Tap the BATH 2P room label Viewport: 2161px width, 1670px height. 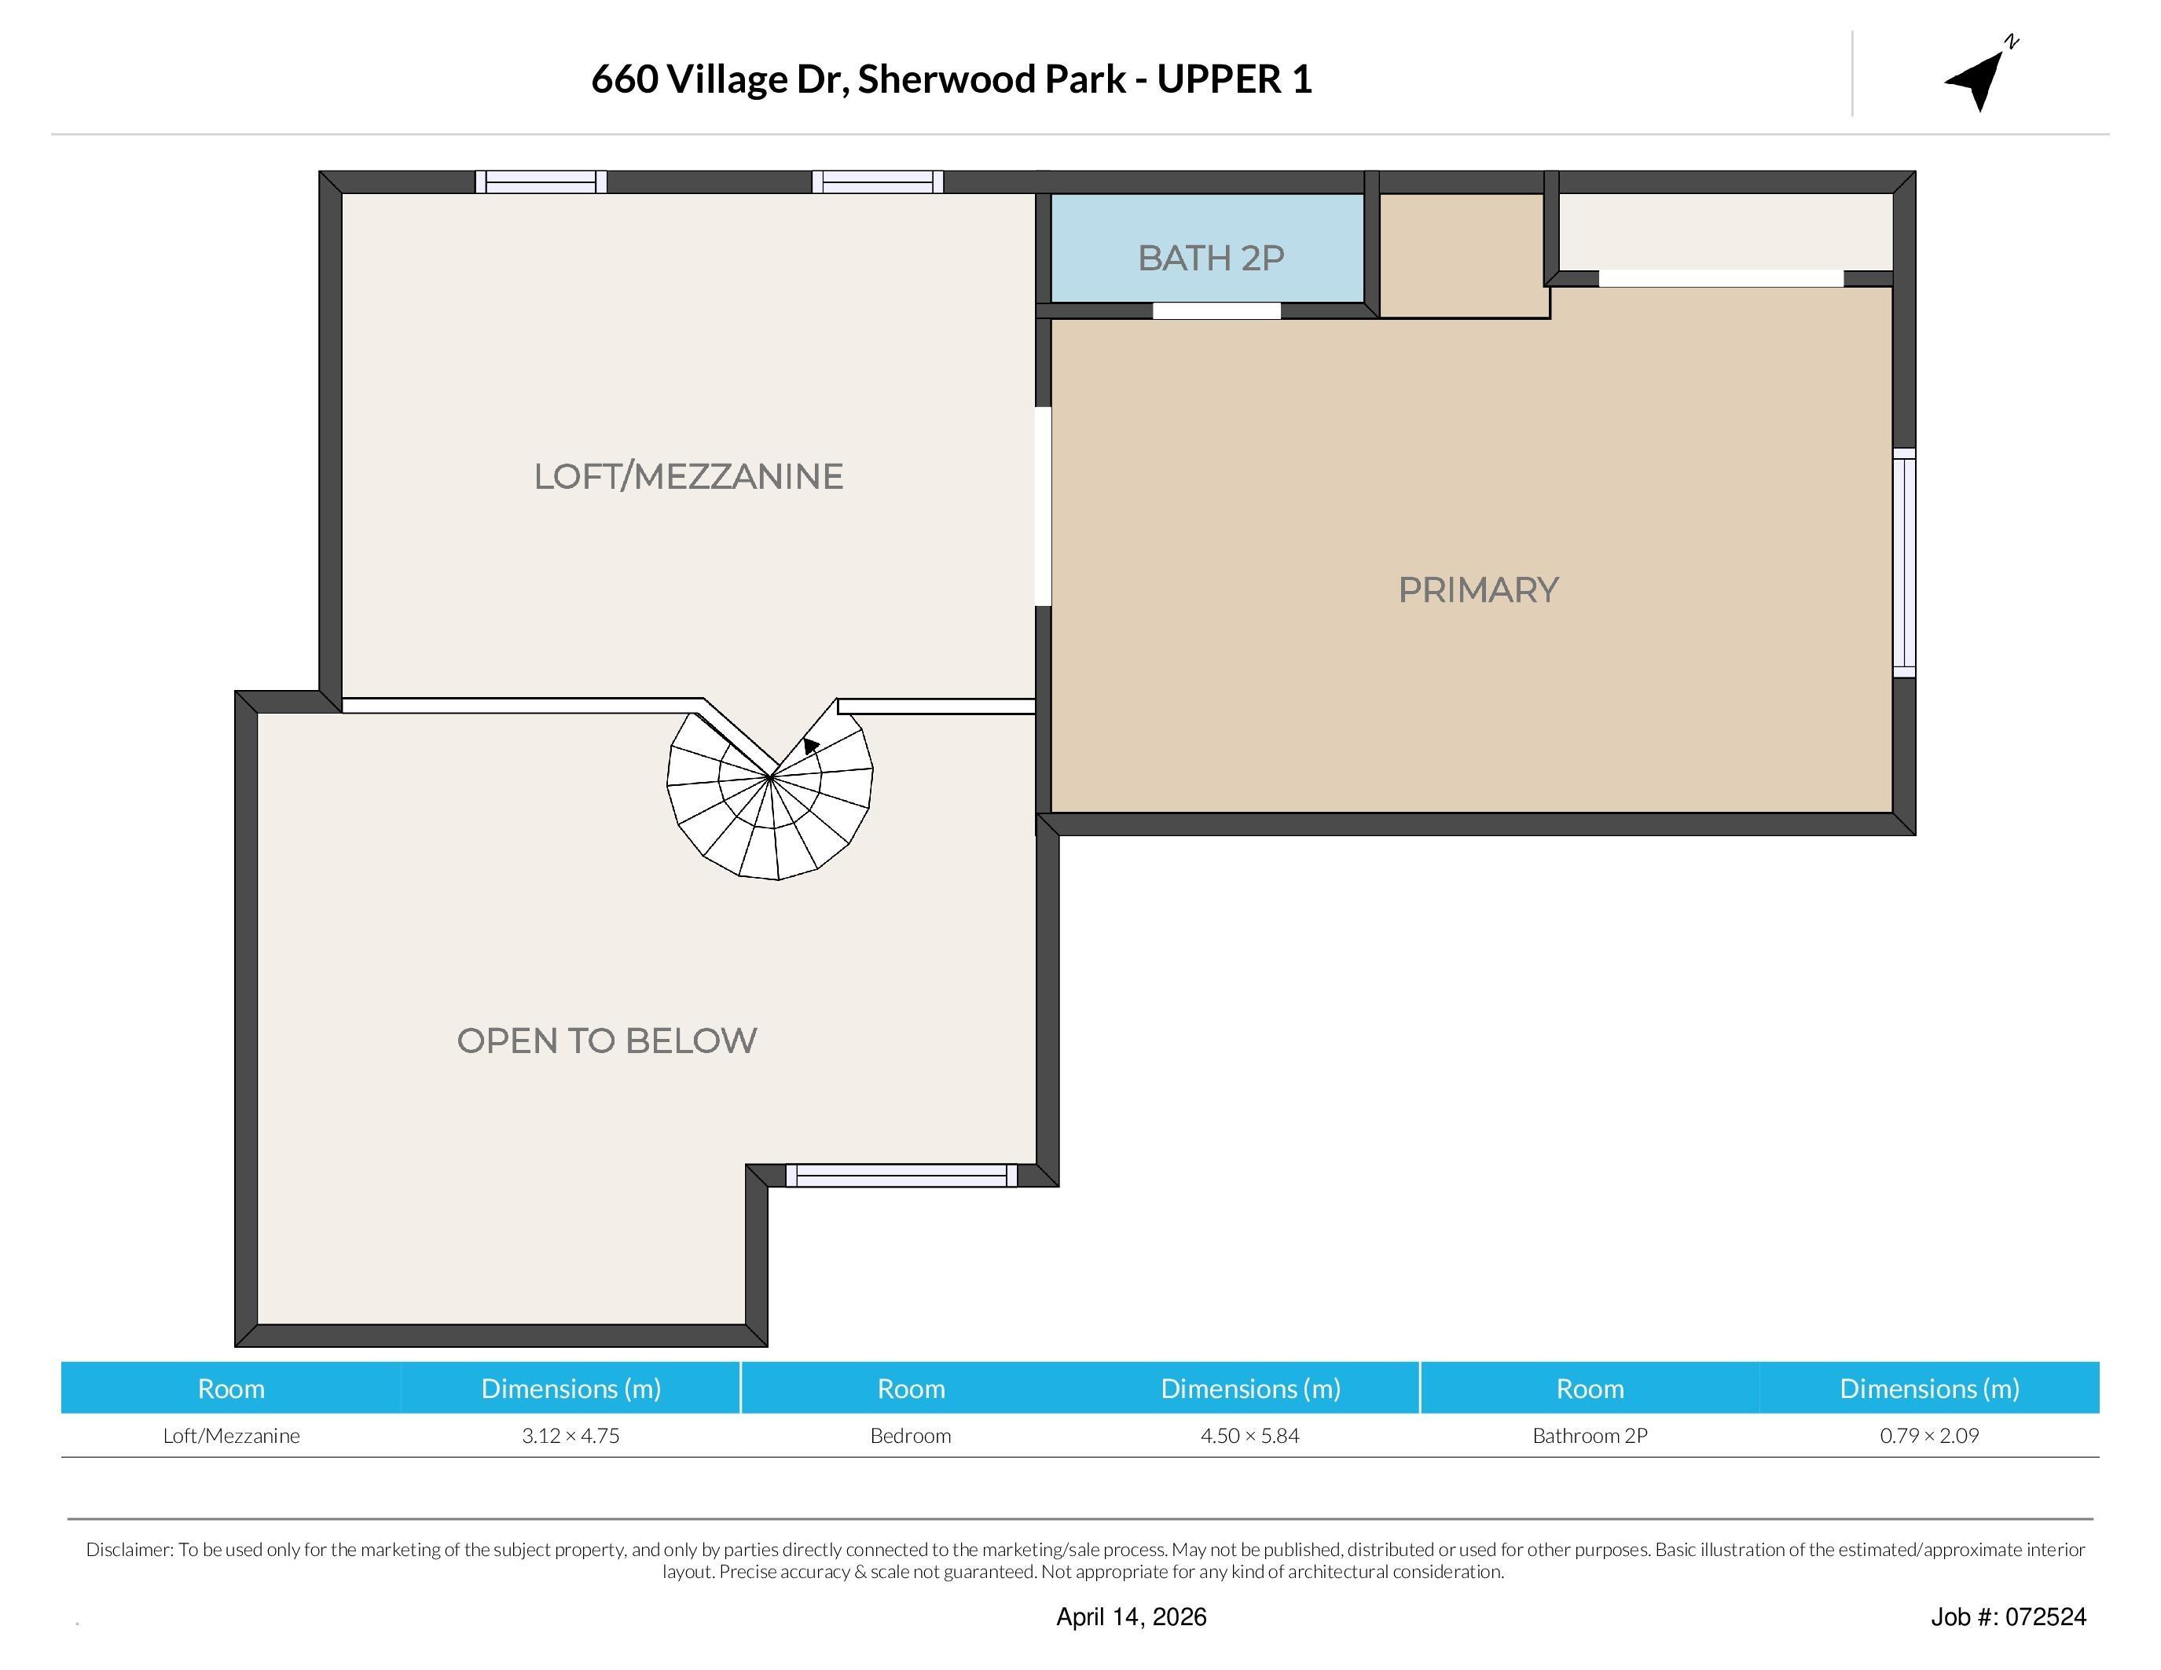[x=1210, y=259]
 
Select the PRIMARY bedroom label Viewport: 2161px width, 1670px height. [x=1477, y=591]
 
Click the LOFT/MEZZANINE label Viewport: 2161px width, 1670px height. [x=688, y=477]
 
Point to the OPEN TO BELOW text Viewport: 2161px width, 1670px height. [x=607, y=1041]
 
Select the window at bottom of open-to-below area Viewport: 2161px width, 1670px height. [x=901, y=1176]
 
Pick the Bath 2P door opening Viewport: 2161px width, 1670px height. [x=1216, y=310]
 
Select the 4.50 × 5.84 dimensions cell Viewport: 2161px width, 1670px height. [x=1249, y=1436]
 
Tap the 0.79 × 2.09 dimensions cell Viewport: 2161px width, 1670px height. [x=1928, y=1436]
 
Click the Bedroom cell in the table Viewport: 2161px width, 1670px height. [x=910, y=1436]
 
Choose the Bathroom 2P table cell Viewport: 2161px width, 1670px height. [x=1589, y=1436]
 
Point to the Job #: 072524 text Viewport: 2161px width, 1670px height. [x=2008, y=1617]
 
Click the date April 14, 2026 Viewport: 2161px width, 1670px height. [x=1131, y=1617]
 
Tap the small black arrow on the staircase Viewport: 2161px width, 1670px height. [x=810, y=746]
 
